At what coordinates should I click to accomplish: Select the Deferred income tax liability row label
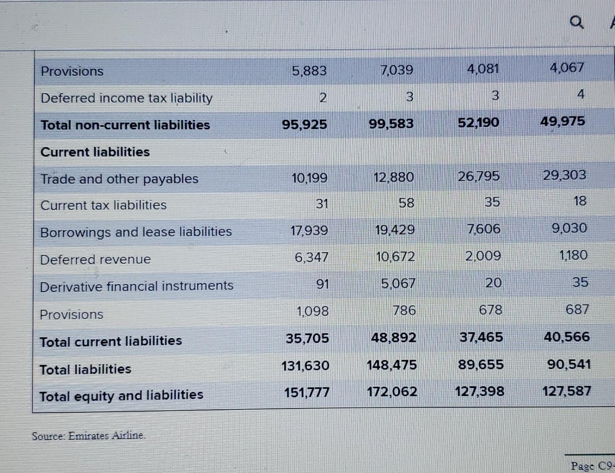(126, 98)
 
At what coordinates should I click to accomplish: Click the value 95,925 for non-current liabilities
(304, 125)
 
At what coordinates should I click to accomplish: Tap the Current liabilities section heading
(95, 152)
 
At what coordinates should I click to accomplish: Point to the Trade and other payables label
(119, 179)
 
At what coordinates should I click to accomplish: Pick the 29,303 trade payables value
(564, 175)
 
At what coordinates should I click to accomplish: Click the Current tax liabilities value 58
(406, 203)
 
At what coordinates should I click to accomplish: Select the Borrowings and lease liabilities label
(136, 232)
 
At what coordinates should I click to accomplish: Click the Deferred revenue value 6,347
(311, 257)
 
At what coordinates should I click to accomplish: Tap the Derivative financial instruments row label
(136, 286)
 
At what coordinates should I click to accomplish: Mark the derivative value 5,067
(397, 284)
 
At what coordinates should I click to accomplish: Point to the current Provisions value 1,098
(312, 311)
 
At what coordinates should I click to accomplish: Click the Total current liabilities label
(110, 341)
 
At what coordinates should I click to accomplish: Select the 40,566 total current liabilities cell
(566, 337)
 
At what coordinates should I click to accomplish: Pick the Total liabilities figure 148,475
(392, 365)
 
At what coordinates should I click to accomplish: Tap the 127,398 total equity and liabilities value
(479, 391)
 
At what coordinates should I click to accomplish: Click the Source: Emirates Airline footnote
(88, 436)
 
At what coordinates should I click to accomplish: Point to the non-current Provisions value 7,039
(397, 70)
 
